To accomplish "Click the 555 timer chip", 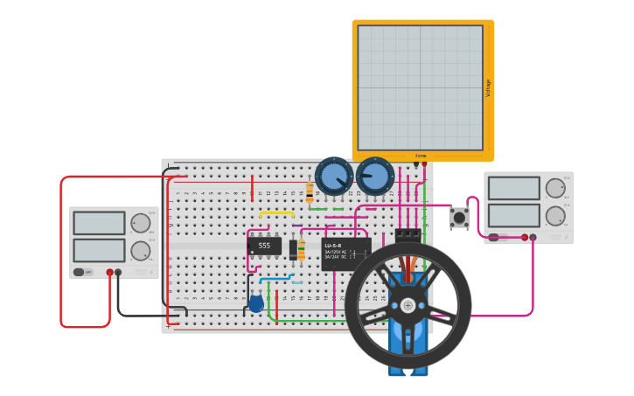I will click(264, 246).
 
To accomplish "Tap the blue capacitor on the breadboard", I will click(255, 304).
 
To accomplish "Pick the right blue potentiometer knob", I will click(375, 176).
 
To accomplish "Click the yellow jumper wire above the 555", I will click(276, 212).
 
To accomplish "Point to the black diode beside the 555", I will click(294, 249).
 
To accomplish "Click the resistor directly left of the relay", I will click(302, 249).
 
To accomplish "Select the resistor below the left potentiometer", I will click(310, 191).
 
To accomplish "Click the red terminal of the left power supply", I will click(109, 272).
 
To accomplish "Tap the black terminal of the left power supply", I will click(118, 272).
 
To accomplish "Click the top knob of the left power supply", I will click(140, 223).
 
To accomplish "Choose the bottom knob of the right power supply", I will click(555, 216).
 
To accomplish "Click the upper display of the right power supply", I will click(513, 188).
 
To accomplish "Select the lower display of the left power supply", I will click(99, 251).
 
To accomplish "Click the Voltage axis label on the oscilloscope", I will click(488, 87).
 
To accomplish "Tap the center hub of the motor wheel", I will click(408, 306).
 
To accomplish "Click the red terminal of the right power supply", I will click(525, 237).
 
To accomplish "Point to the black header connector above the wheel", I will click(408, 235).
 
